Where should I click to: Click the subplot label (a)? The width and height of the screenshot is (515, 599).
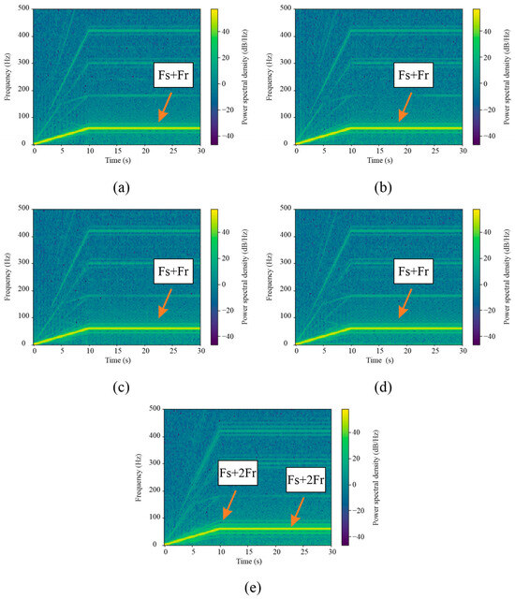point(121,186)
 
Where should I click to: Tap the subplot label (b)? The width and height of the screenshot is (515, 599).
point(383,186)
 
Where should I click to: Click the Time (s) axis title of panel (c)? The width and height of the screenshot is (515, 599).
point(117,360)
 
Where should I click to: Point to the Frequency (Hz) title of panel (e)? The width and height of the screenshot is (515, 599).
point(140,477)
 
